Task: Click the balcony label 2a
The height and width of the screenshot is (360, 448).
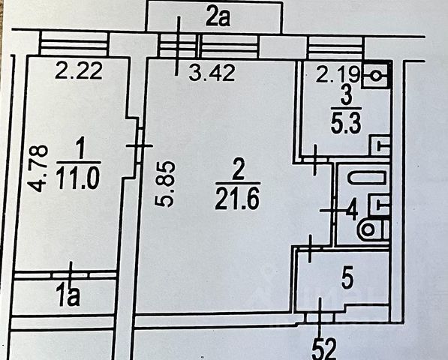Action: (x=218, y=18)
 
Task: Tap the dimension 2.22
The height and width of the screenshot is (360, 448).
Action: (x=79, y=70)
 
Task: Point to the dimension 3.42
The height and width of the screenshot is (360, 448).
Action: (x=212, y=73)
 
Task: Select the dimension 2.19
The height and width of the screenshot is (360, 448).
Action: (x=338, y=75)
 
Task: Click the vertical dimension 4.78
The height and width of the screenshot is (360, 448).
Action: (x=39, y=168)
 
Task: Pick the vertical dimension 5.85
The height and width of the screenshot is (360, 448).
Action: (x=164, y=184)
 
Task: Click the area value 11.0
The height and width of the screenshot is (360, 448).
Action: (x=78, y=178)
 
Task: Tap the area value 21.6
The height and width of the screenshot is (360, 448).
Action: (x=237, y=199)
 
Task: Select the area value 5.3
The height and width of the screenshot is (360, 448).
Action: (x=346, y=123)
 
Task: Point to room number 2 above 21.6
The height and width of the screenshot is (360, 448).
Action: (x=238, y=169)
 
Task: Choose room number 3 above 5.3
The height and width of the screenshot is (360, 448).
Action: (x=346, y=96)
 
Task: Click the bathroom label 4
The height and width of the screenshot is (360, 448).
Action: (x=352, y=211)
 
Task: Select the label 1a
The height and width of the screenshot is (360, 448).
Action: (x=68, y=296)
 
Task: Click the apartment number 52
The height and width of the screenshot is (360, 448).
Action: (x=323, y=349)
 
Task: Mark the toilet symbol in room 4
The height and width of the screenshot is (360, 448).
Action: (x=374, y=229)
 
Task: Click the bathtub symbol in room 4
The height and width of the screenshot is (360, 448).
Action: (x=366, y=177)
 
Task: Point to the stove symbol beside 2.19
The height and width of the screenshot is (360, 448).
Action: (x=375, y=76)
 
